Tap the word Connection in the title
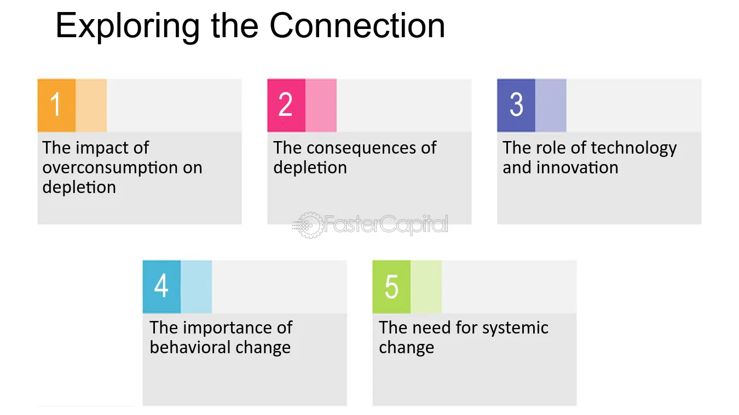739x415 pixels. tap(357, 26)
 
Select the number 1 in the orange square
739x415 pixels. tap(56, 104)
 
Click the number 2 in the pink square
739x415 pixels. tap(285, 104)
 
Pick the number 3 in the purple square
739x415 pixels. tap(516, 104)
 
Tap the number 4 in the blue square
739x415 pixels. tap(161, 285)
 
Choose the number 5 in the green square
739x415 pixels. tap(391, 286)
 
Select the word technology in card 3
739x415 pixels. tap(633, 149)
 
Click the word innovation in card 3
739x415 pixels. tap(577, 167)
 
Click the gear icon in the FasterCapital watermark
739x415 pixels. tap(309, 225)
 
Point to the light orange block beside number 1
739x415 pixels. tap(91, 106)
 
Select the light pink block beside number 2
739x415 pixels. tap(321, 106)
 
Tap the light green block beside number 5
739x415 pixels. tap(426, 287)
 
